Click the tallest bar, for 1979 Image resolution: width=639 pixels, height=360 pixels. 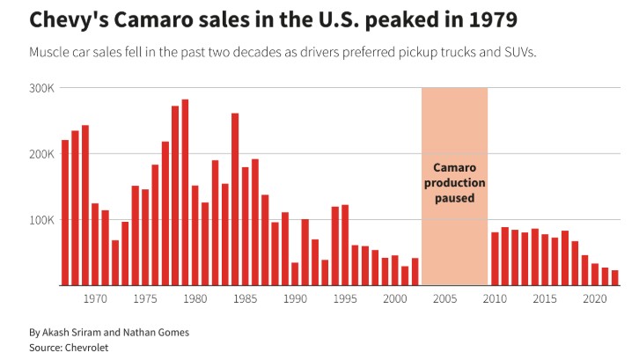click(185, 193)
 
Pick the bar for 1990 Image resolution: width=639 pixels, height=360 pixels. click(295, 274)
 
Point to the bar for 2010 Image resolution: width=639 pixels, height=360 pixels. click(495, 259)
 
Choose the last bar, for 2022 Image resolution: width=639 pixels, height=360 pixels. click(615, 277)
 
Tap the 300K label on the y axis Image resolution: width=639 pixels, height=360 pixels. click(41, 88)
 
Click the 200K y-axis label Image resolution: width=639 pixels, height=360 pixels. click(41, 154)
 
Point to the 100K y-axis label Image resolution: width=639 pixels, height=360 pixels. click(41, 220)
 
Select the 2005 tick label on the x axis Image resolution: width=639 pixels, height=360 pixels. click(445, 298)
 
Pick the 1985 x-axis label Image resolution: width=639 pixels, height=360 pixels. click(246, 298)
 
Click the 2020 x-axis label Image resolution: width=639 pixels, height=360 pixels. click(595, 298)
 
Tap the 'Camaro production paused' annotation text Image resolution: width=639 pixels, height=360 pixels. click(454, 183)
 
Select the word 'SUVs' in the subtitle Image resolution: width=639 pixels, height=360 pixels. click(519, 52)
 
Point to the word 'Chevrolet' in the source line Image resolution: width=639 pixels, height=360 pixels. click(86, 348)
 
